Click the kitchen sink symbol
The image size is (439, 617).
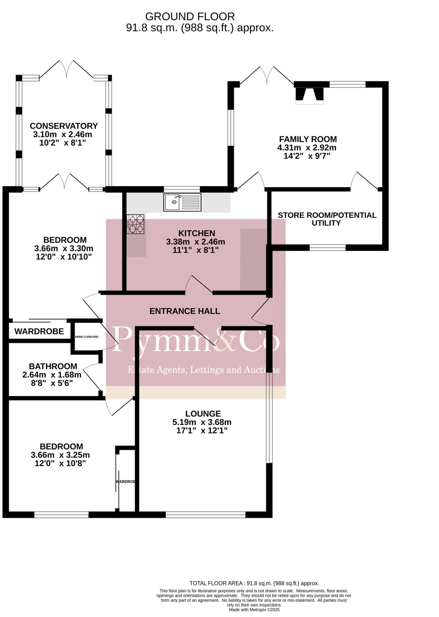(182, 202)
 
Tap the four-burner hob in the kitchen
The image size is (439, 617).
(135, 224)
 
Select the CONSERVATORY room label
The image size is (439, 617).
(64, 126)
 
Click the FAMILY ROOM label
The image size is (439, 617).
(308, 139)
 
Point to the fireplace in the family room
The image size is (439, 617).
(309, 94)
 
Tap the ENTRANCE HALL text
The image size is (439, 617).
(185, 311)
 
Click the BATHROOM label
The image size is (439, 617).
(53, 366)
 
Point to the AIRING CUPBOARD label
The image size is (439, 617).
(87, 337)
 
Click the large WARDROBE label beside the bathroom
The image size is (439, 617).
(39, 331)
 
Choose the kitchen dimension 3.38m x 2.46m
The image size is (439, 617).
(195, 242)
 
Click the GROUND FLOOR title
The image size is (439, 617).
(190, 16)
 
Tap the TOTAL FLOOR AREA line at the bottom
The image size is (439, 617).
(254, 583)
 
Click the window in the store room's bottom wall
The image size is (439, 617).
(327, 248)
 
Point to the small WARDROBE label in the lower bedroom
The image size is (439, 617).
(125, 482)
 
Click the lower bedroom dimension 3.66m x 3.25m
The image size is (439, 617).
(60, 455)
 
